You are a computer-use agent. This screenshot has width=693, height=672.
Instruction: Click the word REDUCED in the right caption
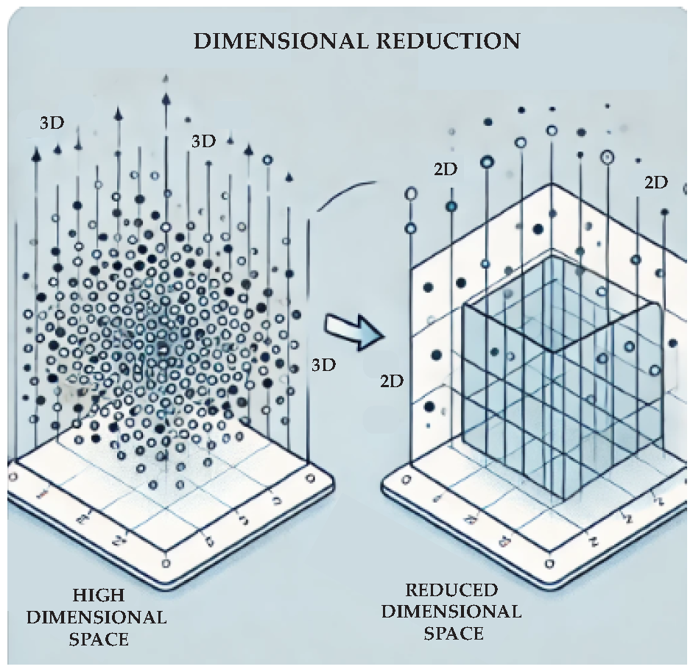(x=452, y=590)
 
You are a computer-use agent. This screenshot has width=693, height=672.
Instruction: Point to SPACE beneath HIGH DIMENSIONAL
(x=99, y=638)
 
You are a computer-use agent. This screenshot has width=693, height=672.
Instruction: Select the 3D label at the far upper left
(x=52, y=123)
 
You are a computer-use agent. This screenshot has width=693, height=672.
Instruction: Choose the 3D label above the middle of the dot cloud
(x=203, y=141)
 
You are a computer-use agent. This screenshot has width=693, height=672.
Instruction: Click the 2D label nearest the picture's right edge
(x=655, y=183)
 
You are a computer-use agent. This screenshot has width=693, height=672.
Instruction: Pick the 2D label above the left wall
(x=445, y=169)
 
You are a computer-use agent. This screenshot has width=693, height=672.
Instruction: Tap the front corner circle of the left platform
(x=165, y=565)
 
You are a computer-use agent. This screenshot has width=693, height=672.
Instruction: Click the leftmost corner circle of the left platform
(x=13, y=477)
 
